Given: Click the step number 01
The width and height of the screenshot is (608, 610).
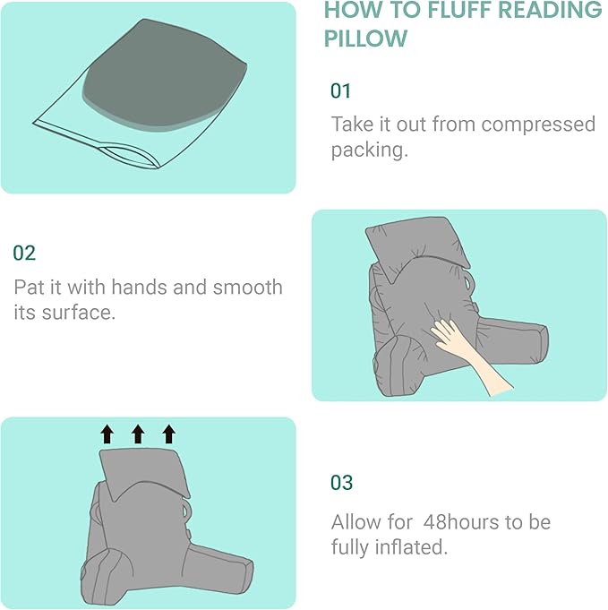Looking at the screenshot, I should (x=341, y=90).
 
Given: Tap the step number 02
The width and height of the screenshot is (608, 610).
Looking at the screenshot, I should (x=24, y=253).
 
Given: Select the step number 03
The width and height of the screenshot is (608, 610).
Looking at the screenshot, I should (x=342, y=482).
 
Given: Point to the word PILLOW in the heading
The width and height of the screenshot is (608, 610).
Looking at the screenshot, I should (x=365, y=39).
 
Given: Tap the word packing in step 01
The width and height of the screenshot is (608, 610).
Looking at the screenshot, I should (x=369, y=150).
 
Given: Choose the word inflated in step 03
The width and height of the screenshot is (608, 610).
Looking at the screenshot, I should (x=406, y=546).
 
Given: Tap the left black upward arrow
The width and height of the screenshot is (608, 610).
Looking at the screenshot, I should (x=107, y=435).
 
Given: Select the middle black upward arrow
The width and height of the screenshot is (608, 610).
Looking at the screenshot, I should (x=138, y=435).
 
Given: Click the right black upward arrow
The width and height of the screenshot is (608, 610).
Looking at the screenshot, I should (x=168, y=435).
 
